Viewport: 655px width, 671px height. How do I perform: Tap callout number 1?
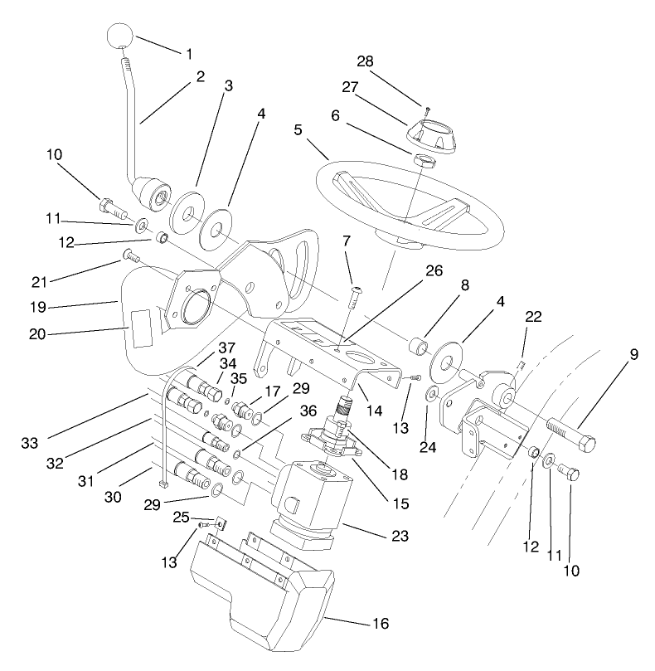pos(189,54)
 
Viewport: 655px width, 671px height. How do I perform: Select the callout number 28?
pos(366,61)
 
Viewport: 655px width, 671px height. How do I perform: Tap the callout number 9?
pos(633,354)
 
